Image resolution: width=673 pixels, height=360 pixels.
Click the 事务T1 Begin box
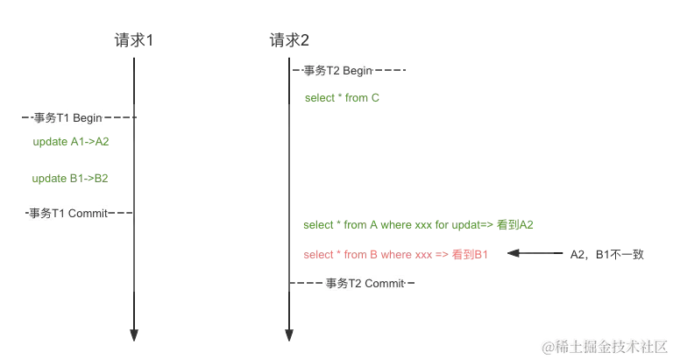pos(67,116)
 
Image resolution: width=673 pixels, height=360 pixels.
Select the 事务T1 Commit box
pos(69,213)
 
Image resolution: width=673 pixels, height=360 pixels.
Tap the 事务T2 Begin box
pos(339,70)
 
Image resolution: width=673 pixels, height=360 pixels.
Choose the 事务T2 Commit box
pos(365,283)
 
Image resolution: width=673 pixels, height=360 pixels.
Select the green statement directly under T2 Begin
pos(343,98)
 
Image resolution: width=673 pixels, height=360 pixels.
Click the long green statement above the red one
pos(420,225)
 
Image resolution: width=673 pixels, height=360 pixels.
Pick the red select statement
pos(394,254)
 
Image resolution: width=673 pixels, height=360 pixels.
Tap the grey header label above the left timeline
pos(134,38)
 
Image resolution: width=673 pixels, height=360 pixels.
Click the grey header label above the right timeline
pos(289,38)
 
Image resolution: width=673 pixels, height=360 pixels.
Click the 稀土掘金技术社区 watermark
pos(604,346)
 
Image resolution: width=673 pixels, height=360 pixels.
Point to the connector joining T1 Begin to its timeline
pos(121,116)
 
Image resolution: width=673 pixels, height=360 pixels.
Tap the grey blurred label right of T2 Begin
pos(393,70)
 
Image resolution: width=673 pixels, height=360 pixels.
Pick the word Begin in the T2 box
pos(359,70)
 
